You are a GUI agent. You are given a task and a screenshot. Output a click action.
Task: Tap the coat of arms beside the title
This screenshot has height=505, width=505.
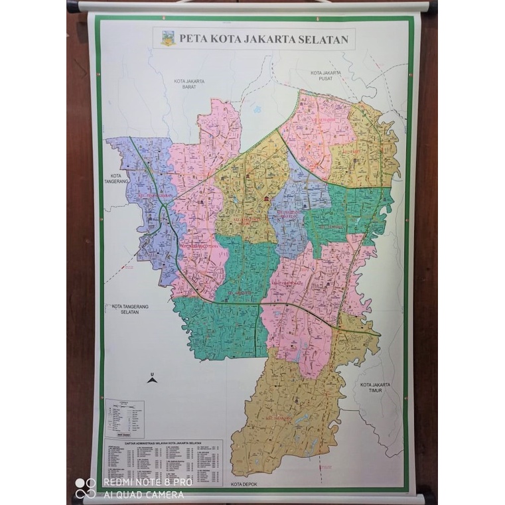168,38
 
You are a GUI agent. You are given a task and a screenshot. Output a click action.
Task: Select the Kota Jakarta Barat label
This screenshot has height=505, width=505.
188,84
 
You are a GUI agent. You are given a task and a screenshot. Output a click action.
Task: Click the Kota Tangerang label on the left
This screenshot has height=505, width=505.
115,178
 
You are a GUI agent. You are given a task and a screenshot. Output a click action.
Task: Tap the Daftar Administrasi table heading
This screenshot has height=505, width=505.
163,443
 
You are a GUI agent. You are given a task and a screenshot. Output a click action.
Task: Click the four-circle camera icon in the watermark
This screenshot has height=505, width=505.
85,488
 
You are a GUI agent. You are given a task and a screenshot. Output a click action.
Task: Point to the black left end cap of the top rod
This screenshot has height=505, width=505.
72,7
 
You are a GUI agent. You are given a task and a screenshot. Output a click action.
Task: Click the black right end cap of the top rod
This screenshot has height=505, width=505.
432,8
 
